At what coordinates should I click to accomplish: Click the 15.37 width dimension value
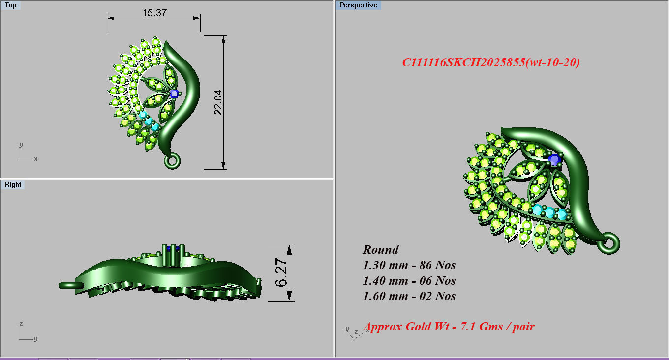tap(154, 13)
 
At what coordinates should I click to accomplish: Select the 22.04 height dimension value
tap(218, 104)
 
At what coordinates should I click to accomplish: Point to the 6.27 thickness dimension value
tap(281, 272)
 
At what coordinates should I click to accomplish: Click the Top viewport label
tap(10, 5)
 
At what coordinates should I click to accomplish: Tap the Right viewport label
tap(13, 185)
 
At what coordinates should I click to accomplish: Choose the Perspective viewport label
tap(358, 5)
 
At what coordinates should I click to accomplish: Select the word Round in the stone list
tap(381, 249)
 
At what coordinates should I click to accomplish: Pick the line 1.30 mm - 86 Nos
tap(409, 265)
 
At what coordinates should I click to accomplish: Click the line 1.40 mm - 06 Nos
tap(409, 281)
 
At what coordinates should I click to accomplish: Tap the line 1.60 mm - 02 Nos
tap(409, 296)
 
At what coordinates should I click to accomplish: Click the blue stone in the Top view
tap(174, 93)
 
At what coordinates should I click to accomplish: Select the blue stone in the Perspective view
tap(555, 159)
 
